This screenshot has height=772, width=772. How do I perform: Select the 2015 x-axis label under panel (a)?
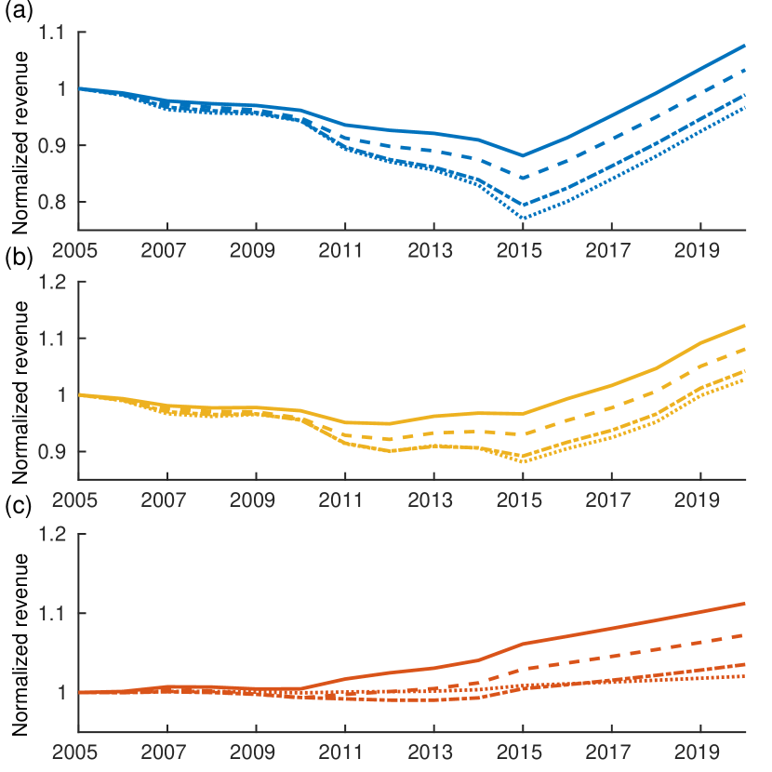click(522, 250)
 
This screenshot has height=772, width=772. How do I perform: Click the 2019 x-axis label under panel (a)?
click(700, 250)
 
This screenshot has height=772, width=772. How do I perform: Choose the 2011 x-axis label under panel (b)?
click(344, 499)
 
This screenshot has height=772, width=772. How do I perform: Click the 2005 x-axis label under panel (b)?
click(77, 499)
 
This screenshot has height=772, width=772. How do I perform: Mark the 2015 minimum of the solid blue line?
click(523, 155)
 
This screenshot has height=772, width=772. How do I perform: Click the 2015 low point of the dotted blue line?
click(523, 219)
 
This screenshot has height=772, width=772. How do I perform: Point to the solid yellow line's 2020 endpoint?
click(745, 326)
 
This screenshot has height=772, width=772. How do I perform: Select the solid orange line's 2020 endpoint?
click(745, 604)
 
